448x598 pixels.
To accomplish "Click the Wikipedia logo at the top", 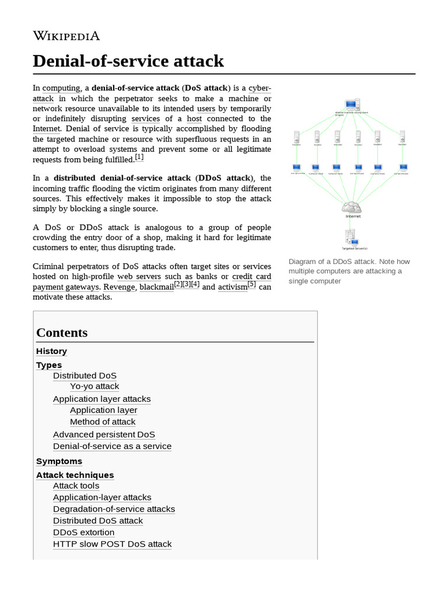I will (66, 36).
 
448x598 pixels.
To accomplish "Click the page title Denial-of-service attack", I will (128, 60).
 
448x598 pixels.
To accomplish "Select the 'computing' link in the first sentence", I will (61, 88).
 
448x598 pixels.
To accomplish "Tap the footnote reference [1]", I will (139, 157).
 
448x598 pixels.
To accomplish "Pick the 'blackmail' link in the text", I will (156, 287).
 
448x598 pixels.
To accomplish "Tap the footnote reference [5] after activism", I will (251, 284).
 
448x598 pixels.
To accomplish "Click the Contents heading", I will (62, 332).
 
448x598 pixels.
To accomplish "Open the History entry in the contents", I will (51, 351).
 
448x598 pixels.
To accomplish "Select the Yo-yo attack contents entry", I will (94, 386).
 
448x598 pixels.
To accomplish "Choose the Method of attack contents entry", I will (103, 422).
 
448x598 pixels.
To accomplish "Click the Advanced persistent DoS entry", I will (104, 434).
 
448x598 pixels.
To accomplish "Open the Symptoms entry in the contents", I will (59, 461).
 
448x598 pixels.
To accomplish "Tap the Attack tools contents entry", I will (76, 485).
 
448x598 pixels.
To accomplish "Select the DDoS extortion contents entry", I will (83, 532).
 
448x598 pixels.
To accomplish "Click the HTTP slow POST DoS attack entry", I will (112, 544).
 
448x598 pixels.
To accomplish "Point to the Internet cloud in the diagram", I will (352, 207).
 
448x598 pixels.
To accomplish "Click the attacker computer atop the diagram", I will (351, 106).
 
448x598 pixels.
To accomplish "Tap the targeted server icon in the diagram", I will (351, 237).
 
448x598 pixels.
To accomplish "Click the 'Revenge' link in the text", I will (119, 287).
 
